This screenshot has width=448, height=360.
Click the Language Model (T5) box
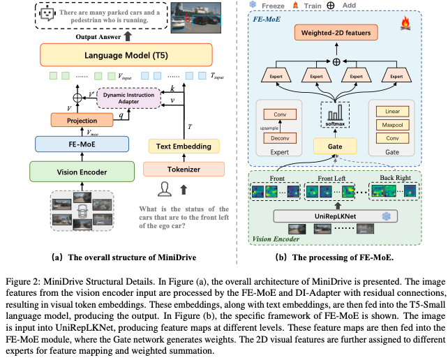point(126,55)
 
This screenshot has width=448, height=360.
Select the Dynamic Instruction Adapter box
point(129,98)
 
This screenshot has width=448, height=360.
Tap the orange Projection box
point(82,120)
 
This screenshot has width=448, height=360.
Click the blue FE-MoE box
point(82,144)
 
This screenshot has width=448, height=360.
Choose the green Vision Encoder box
point(82,172)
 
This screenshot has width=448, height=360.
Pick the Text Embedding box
point(184,147)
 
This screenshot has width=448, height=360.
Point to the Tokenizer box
point(184,169)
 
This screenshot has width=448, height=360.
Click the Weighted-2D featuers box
point(336,33)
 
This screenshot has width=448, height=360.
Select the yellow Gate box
point(335,147)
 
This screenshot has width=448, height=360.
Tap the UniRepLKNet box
point(336,216)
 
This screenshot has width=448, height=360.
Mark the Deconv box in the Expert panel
point(280,138)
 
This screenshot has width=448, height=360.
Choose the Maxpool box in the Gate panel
point(393,125)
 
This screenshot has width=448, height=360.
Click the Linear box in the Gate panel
point(393,112)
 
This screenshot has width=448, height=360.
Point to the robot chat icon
point(47,14)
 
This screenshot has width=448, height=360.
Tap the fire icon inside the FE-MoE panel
point(405,23)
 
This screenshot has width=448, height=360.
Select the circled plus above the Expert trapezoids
point(336,61)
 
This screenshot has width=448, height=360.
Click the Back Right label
point(395,178)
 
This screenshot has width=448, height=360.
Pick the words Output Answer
point(98,37)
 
